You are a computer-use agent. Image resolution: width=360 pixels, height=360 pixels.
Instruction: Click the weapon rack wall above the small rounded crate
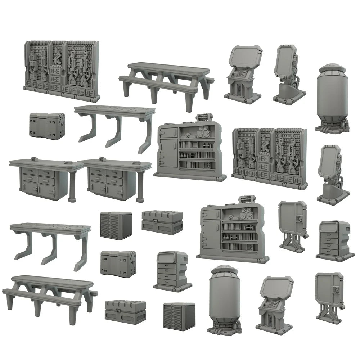(61, 70)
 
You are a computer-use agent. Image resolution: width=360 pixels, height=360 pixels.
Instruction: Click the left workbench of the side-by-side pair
(45, 178)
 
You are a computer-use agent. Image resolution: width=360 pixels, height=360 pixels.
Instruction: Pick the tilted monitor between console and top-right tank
(288, 72)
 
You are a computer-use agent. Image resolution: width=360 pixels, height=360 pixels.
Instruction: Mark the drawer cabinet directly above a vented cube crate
(172, 270)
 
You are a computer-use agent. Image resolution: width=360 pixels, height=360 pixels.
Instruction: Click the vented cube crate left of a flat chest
(116, 225)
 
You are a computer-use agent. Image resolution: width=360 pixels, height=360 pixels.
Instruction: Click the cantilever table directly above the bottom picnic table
(50, 241)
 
